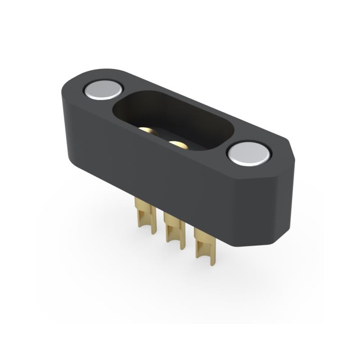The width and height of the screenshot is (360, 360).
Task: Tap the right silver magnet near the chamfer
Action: coord(249,153)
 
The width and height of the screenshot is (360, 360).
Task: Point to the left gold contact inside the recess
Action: coord(148,131)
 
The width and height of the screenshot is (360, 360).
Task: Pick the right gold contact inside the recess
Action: coord(178,144)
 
